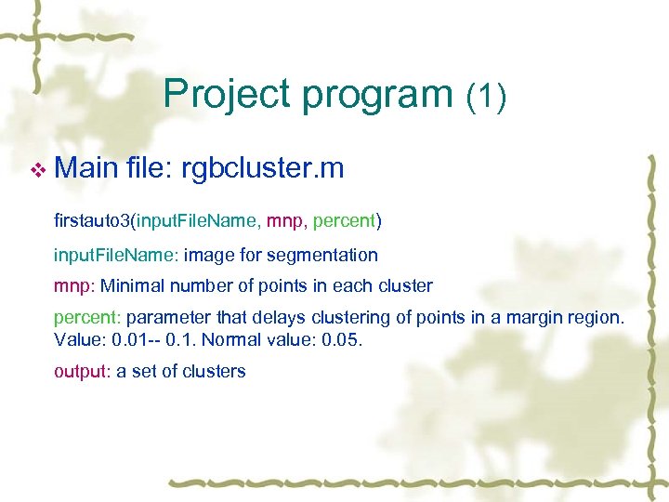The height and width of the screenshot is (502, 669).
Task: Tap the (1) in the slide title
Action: tap(486, 95)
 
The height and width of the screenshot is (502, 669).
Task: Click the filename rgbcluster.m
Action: tap(263, 168)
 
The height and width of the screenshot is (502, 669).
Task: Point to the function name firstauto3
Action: tap(92, 220)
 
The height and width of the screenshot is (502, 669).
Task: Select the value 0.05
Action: tap(343, 339)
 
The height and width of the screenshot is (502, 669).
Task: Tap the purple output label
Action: tap(82, 371)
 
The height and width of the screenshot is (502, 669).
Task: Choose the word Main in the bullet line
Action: tap(85, 168)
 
